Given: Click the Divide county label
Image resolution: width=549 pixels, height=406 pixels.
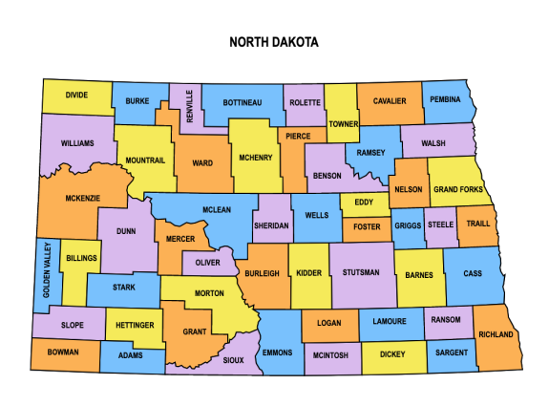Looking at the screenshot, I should (x=76, y=96).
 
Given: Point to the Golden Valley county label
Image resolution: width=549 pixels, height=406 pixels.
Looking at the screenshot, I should (x=43, y=274).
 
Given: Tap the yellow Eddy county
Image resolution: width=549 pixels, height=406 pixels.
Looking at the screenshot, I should (x=364, y=202).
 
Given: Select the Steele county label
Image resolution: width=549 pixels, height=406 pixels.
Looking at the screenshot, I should (x=440, y=224).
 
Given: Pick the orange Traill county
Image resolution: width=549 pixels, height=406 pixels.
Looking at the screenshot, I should (x=476, y=225).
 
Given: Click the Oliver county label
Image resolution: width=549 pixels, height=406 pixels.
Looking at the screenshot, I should (x=208, y=262).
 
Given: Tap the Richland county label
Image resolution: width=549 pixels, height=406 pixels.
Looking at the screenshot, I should (x=496, y=334).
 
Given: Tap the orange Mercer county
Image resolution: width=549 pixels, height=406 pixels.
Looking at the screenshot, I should (x=180, y=238).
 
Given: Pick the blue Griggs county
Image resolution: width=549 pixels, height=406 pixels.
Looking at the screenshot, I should (x=409, y=226).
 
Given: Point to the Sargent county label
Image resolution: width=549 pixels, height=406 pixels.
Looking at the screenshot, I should (x=452, y=353).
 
